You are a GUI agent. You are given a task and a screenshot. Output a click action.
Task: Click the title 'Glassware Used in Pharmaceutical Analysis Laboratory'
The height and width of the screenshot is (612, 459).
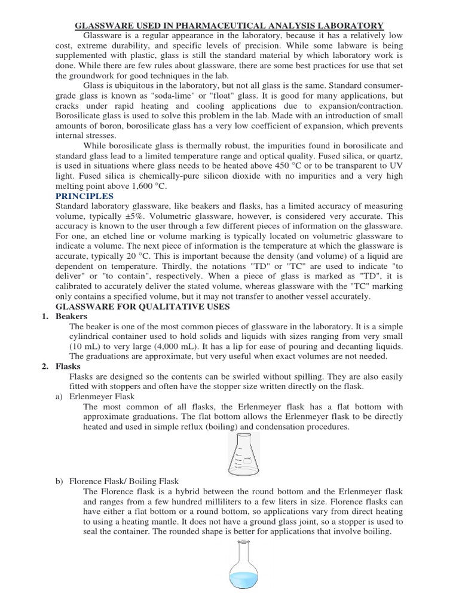click(x=229, y=26)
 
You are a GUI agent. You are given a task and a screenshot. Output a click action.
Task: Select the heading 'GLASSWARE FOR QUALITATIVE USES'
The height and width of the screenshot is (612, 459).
click(x=142, y=306)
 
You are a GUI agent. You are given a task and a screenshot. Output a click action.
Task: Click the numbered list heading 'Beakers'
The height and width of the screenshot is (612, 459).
click(x=71, y=316)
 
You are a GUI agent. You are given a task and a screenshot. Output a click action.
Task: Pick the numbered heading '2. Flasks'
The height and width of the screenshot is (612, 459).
click(x=65, y=366)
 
